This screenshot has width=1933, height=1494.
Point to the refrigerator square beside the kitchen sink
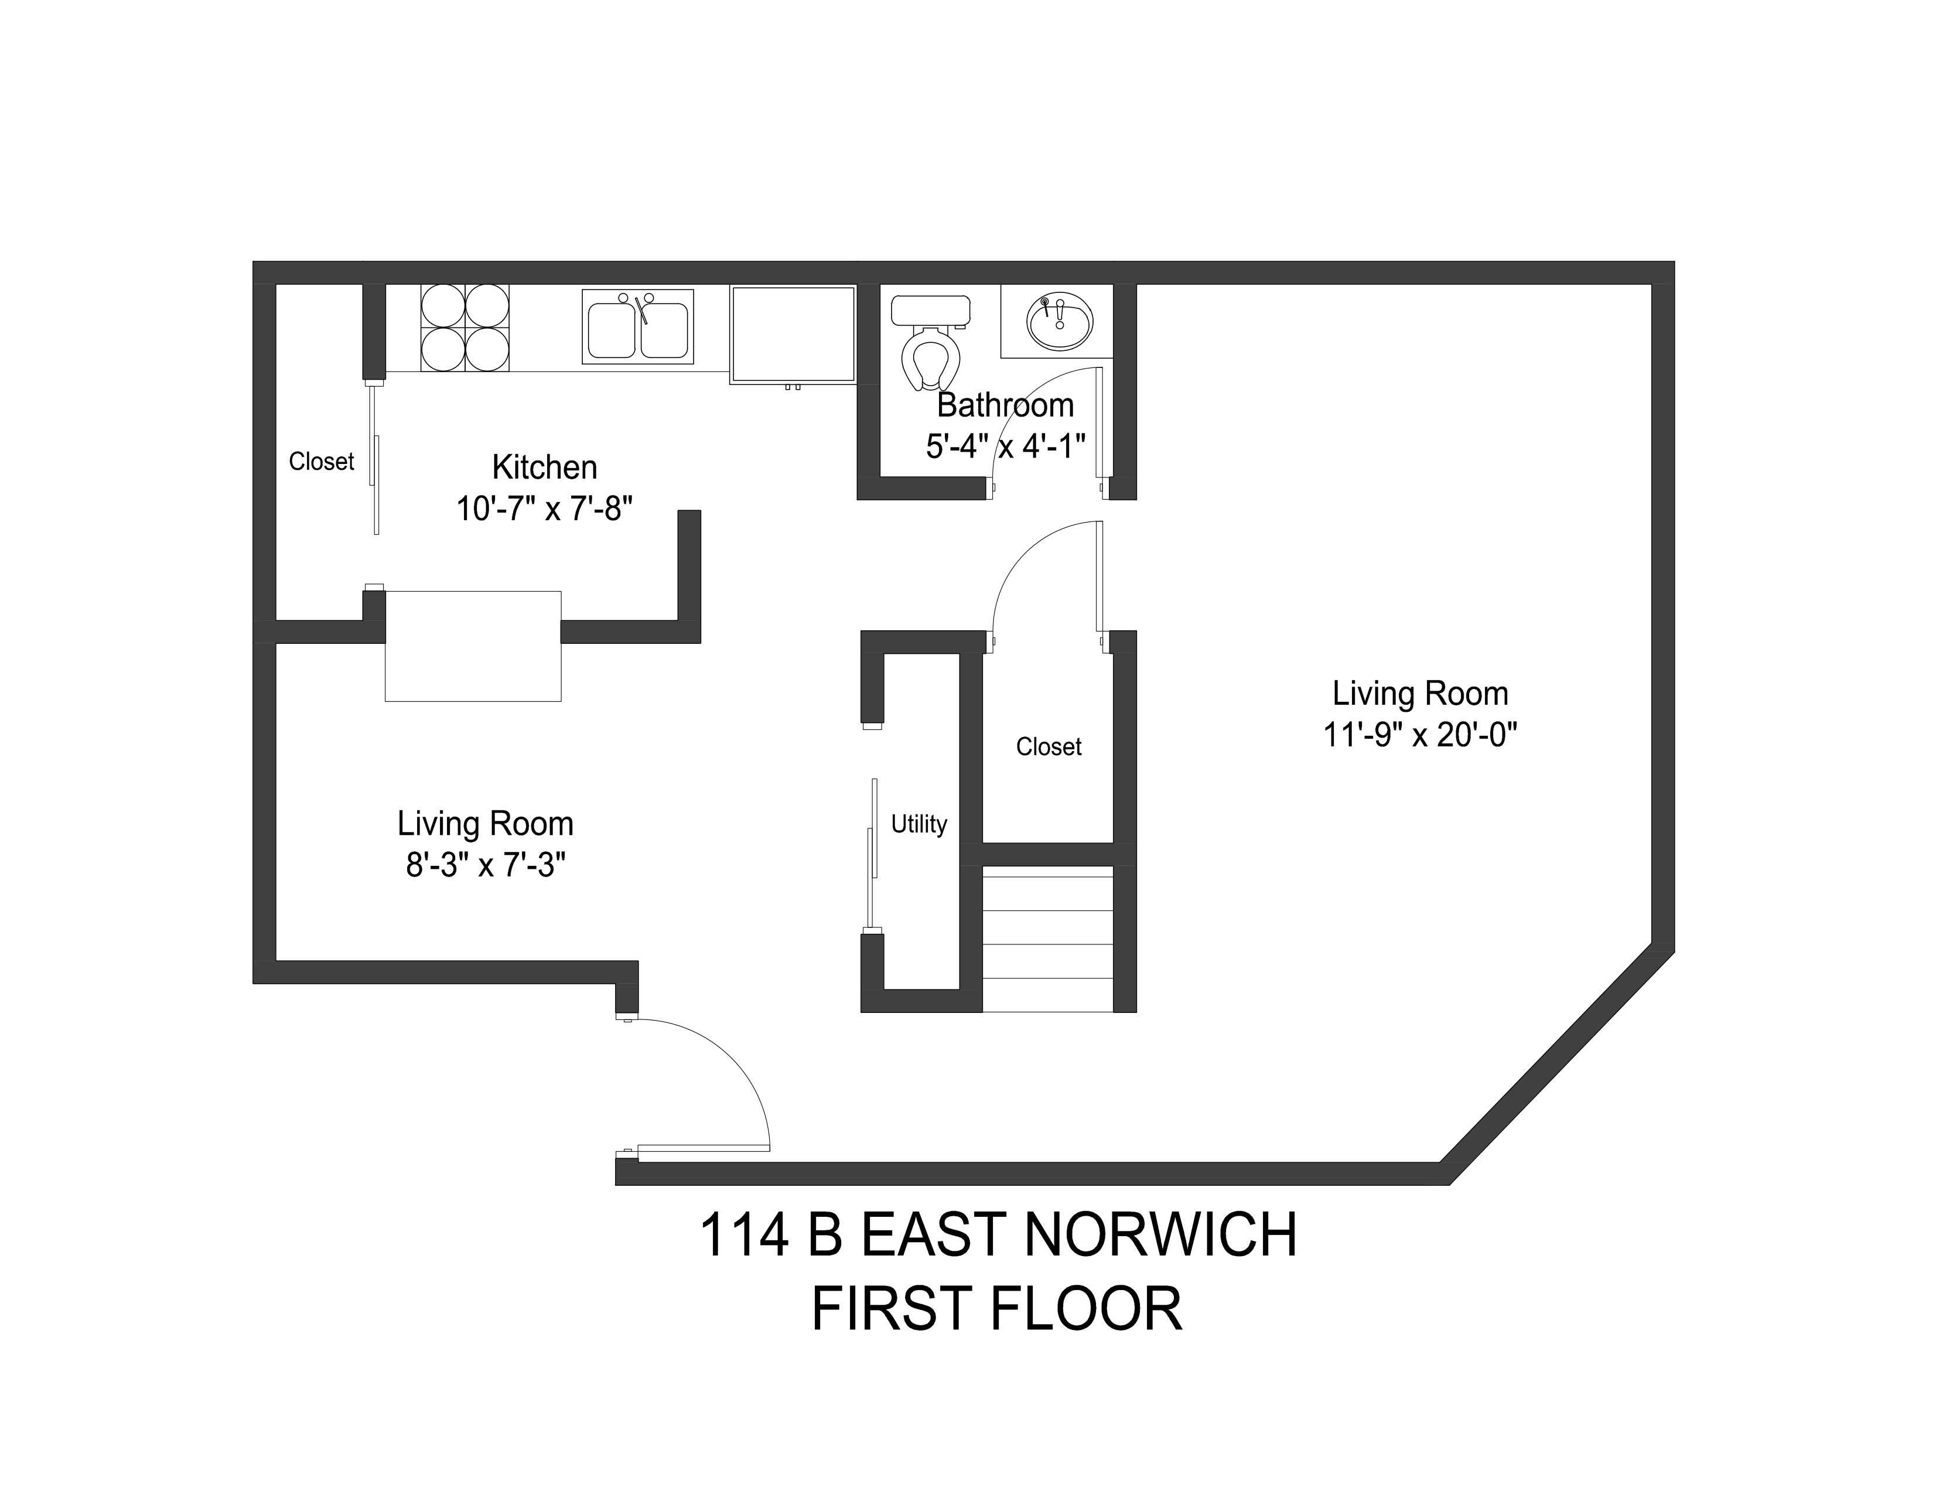click(x=793, y=334)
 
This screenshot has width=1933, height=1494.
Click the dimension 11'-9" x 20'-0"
click(x=1420, y=735)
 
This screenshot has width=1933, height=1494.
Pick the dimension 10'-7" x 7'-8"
click(x=544, y=509)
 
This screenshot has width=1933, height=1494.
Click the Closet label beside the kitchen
click(x=321, y=461)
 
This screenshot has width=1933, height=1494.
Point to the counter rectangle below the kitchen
click(x=473, y=646)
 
